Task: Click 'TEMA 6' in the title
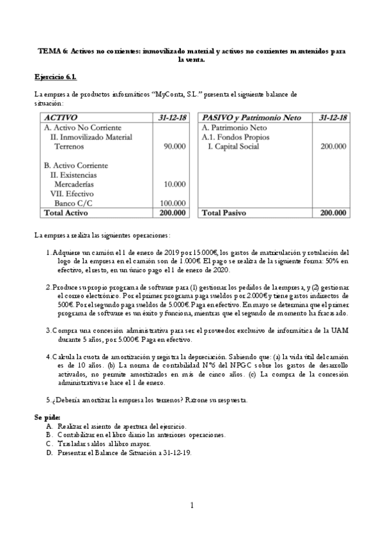click(x=50, y=50)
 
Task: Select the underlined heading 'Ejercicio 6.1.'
click(x=56, y=77)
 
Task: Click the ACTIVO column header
click(x=60, y=118)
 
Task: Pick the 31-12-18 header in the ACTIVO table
click(x=172, y=118)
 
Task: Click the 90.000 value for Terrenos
click(x=175, y=146)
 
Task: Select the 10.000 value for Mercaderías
click(x=175, y=184)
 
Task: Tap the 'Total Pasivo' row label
click(x=224, y=213)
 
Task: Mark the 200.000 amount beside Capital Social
click(x=333, y=146)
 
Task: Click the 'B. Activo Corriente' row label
click(x=72, y=166)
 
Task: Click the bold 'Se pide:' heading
click(x=47, y=417)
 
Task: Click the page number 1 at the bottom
click(x=192, y=505)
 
